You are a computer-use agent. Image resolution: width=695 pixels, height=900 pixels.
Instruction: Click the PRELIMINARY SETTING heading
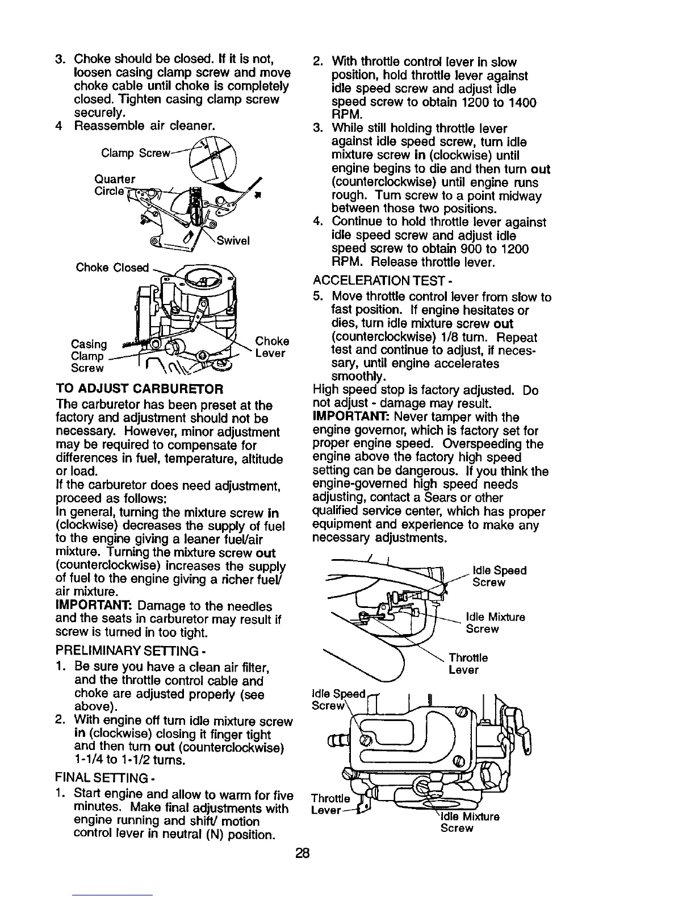tap(127, 649)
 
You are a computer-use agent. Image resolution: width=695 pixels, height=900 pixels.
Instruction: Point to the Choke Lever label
tap(272, 347)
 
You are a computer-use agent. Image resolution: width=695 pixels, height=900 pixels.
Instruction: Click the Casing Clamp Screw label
tap(89, 356)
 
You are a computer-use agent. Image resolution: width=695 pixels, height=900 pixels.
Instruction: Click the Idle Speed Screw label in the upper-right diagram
tap(499, 576)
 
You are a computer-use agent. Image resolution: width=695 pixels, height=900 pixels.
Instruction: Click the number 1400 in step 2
tap(522, 102)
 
